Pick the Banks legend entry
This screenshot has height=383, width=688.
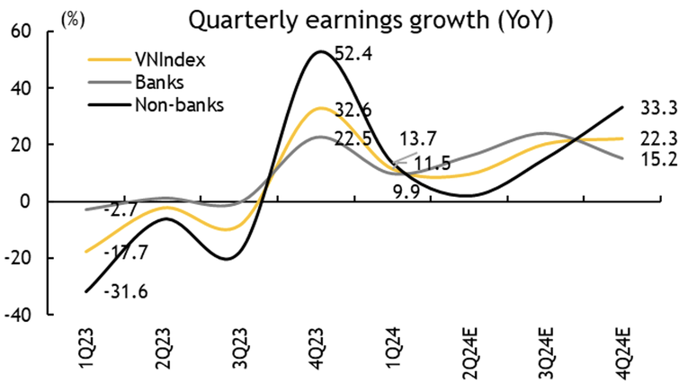point(158,83)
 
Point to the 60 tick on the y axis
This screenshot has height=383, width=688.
point(20,31)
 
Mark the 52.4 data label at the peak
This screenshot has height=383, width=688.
point(354,54)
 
